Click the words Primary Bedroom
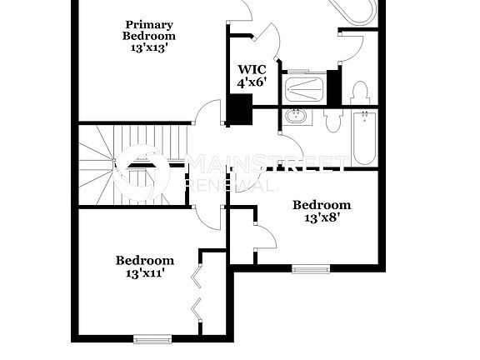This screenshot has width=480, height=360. [x=149, y=30]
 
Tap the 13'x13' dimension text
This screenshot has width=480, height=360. [x=149, y=48]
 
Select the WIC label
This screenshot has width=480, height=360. [x=252, y=70]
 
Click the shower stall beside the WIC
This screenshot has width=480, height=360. [x=305, y=87]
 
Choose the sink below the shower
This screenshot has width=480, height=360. [x=296, y=116]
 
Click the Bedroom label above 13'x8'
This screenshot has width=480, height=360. [x=321, y=205]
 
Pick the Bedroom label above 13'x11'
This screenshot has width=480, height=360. [x=144, y=260]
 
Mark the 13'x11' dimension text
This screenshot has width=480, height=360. [x=144, y=273]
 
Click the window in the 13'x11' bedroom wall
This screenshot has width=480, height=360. [x=152, y=337]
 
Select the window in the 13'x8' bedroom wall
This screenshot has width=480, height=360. [x=310, y=268]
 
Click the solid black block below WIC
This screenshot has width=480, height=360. [x=240, y=109]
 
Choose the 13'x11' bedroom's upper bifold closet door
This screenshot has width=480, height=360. [x=197, y=272]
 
